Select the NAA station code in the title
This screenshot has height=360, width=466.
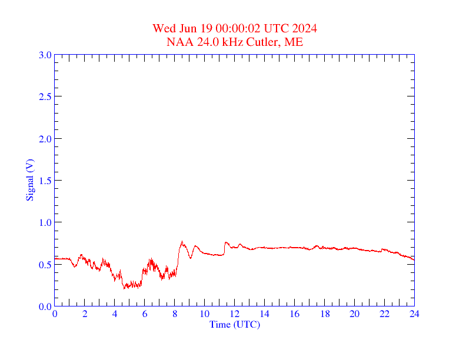pyautogui.click(x=178, y=42)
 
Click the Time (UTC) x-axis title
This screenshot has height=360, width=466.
pyautogui.click(x=234, y=324)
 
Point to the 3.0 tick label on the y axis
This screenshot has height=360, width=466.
pyautogui.click(x=45, y=55)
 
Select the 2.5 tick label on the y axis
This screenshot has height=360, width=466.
pyautogui.click(x=45, y=96)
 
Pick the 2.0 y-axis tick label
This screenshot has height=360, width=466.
pyautogui.click(x=45, y=139)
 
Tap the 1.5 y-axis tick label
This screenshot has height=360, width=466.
pyautogui.click(x=45, y=181)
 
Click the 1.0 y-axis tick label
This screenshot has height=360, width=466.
pyautogui.click(x=45, y=222)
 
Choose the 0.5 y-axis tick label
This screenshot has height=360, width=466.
pyautogui.click(x=45, y=265)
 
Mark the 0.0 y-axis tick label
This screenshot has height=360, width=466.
pyautogui.click(x=45, y=306)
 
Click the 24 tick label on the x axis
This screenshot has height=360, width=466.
pyautogui.click(x=414, y=314)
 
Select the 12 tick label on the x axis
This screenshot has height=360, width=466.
pyautogui.click(x=234, y=314)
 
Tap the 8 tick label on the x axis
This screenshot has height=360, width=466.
pyautogui.click(x=175, y=314)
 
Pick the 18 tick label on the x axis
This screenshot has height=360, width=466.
pyautogui.click(x=324, y=314)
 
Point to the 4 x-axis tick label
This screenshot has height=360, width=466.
pyautogui.click(x=115, y=314)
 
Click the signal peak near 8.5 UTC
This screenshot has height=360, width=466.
pyautogui.click(x=182, y=242)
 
